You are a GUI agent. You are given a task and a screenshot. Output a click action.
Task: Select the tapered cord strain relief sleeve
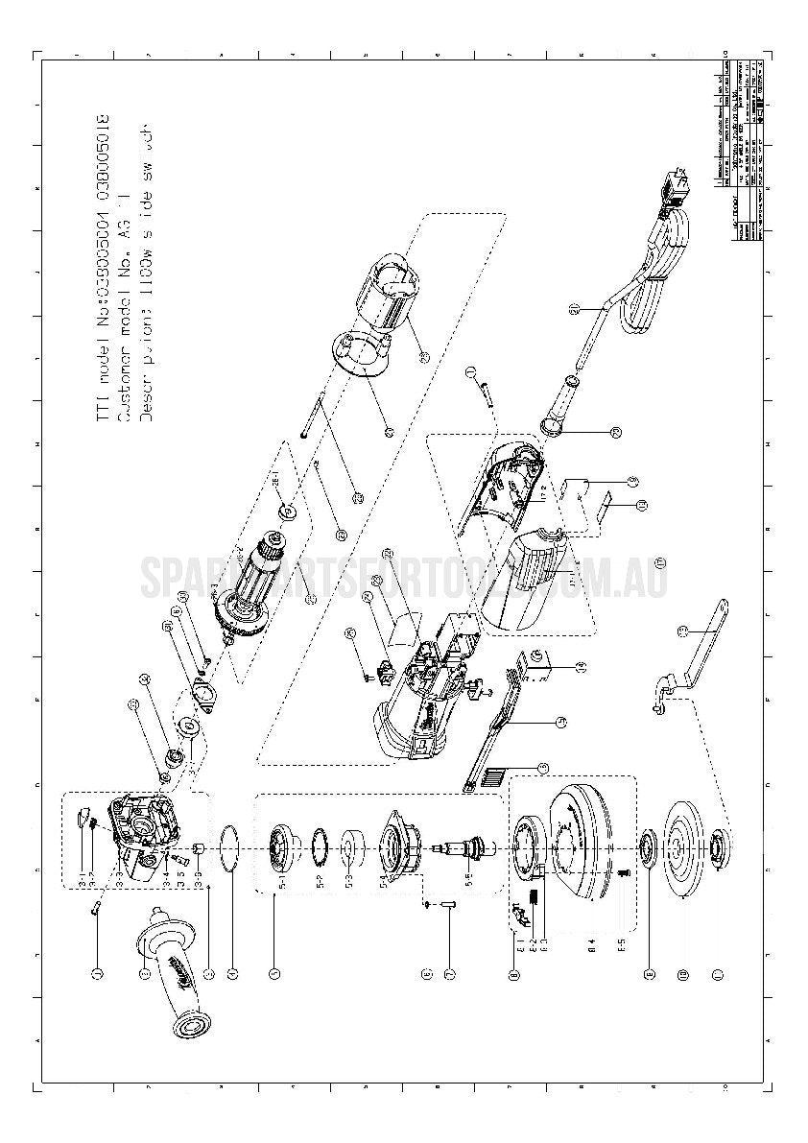coord(562,403)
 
